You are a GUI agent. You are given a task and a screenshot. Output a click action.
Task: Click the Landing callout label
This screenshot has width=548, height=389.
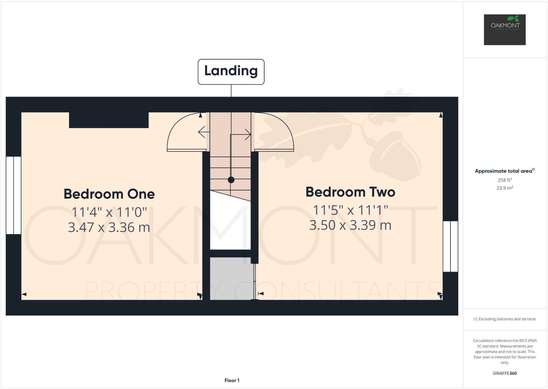pyautogui.click(x=231, y=71)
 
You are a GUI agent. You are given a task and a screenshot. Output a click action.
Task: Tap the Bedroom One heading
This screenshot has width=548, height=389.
pyautogui.click(x=109, y=194)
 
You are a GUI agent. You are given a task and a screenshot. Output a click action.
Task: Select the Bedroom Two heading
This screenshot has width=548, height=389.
pyautogui.click(x=350, y=192)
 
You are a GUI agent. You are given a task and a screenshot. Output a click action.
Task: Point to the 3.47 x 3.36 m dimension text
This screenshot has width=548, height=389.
pyautogui.click(x=109, y=227)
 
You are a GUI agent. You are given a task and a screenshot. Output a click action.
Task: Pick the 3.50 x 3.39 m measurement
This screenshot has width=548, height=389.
pyautogui.click(x=350, y=225)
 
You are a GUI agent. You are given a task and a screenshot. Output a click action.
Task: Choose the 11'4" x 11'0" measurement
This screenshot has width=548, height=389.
pyautogui.click(x=109, y=212)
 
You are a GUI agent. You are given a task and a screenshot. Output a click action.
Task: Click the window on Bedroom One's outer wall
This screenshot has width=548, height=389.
pyautogui.click(x=13, y=195)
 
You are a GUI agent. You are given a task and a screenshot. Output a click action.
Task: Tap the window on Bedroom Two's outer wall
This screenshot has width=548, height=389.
pyautogui.click(x=450, y=246)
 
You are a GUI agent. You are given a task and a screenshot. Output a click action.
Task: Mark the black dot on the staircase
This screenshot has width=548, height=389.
pyautogui.click(x=231, y=180)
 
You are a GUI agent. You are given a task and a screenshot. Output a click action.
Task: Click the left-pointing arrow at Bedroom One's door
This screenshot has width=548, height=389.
pyautogui.click(x=203, y=132)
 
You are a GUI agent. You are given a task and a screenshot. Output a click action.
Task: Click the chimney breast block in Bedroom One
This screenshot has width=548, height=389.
pyautogui.click(x=109, y=120)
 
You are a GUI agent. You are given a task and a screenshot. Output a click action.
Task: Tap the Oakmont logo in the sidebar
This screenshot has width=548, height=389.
pyautogui.click(x=505, y=29)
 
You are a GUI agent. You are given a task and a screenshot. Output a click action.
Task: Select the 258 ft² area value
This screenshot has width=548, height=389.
pyautogui.click(x=505, y=180)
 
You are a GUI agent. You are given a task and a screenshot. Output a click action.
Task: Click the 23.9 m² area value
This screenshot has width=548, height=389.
pyautogui.click(x=505, y=188)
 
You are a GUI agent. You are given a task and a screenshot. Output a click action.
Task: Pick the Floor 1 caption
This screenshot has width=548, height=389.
pyautogui.click(x=232, y=380)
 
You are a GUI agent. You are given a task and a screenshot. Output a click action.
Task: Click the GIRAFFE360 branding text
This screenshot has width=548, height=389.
pyautogui.click(x=505, y=373)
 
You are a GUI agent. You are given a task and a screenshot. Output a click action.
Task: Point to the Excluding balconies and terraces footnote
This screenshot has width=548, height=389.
pyautogui.click(x=505, y=319)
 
